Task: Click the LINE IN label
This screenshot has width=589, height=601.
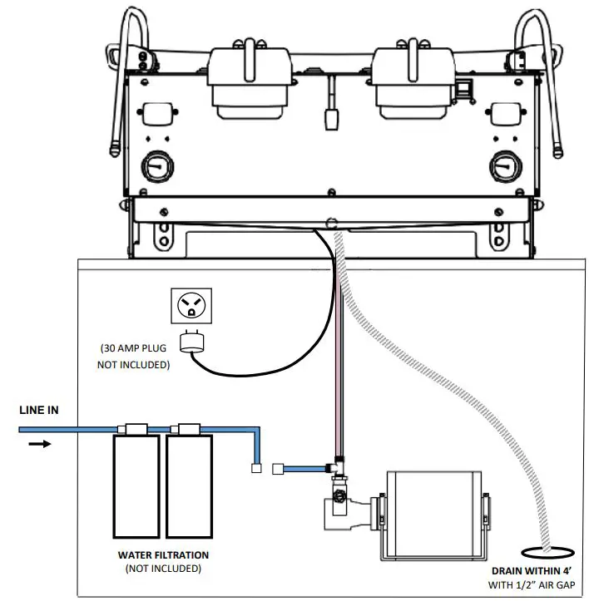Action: (x=40, y=410)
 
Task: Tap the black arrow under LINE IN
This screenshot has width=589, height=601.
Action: (x=40, y=443)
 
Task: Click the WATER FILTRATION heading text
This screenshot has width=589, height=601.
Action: (x=162, y=554)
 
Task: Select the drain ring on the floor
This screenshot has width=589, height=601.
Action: (x=544, y=551)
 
